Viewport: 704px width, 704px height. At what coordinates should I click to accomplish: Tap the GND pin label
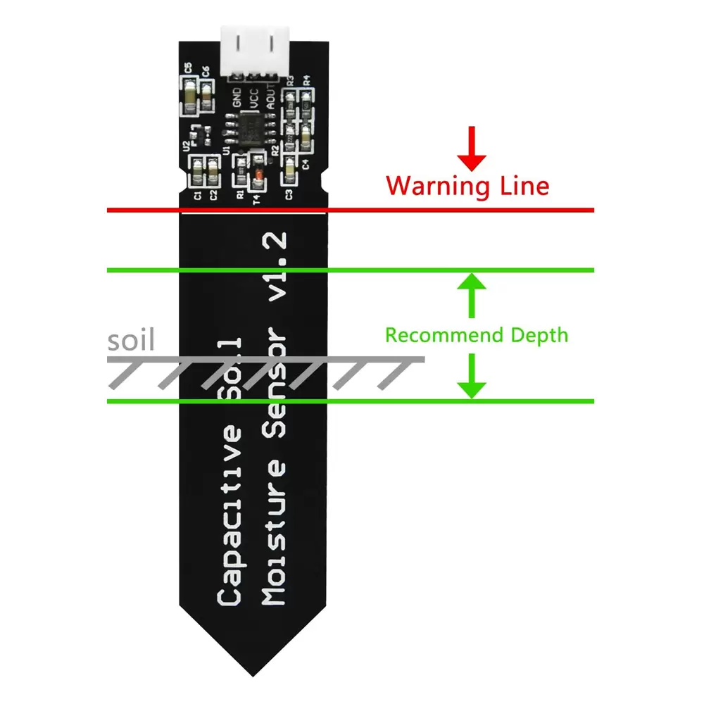point(237,99)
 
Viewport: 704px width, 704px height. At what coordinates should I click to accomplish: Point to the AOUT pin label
point(271,99)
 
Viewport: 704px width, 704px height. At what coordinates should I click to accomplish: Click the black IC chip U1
point(249,132)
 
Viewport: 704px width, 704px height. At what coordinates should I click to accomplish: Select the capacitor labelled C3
point(290,169)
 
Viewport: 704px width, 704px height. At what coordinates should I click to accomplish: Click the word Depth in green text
point(536,335)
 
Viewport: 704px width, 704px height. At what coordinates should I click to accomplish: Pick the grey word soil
point(130,341)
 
